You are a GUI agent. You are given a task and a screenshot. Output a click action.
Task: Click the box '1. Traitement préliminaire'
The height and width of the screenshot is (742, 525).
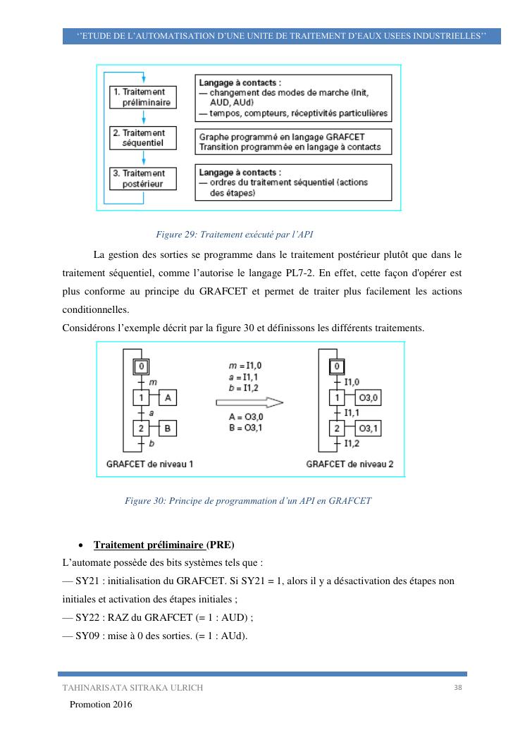point(143,97)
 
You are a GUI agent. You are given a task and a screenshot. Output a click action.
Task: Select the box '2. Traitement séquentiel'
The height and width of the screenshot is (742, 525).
point(143,138)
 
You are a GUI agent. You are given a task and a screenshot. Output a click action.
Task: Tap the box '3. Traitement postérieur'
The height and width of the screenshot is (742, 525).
point(143,178)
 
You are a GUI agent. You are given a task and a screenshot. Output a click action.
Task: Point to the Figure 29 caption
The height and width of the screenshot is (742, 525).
point(228,234)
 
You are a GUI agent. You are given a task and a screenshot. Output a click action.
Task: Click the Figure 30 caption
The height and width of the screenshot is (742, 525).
point(247,501)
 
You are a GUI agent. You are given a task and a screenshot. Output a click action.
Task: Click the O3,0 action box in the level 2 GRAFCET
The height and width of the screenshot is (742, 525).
point(368,398)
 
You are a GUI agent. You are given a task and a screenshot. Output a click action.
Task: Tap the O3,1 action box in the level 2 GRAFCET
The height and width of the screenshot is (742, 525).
point(368,428)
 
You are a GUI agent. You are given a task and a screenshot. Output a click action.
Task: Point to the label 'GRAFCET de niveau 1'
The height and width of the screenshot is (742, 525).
point(149,464)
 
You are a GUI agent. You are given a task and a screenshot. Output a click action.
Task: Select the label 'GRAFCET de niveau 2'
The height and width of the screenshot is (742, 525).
point(350,464)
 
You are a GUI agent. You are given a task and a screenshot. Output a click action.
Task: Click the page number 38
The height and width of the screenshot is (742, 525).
point(458,687)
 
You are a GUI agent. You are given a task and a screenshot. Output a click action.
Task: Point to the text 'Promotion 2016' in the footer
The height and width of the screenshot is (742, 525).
point(101,704)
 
